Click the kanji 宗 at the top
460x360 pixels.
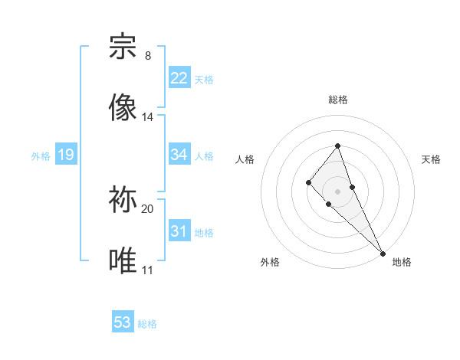(124, 47)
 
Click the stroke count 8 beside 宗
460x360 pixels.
(148, 56)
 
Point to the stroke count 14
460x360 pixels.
(148, 117)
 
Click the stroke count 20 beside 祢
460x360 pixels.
(148, 208)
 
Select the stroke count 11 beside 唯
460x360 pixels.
(147, 270)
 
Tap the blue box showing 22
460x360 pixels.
(179, 78)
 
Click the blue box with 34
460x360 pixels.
(179, 155)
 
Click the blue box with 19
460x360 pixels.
(66, 155)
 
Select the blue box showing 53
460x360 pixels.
(123, 322)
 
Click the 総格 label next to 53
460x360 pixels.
(147, 324)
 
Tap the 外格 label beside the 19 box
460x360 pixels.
(41, 155)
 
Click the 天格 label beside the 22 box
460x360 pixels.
(204, 79)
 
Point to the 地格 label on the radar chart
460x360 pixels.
(402, 262)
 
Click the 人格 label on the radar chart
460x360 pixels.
(245, 159)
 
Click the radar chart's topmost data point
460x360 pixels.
(337, 146)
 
